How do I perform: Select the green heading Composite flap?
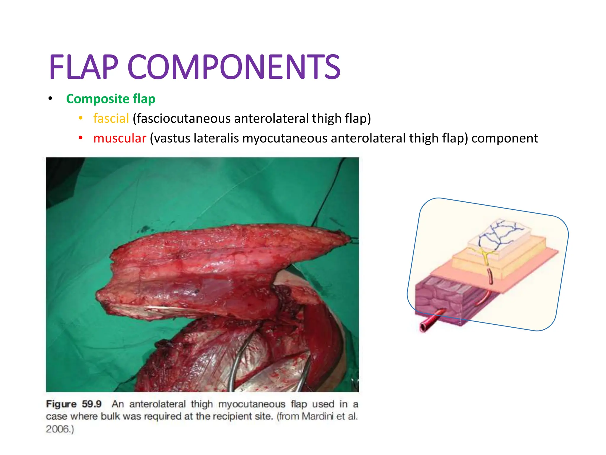(x=111, y=99)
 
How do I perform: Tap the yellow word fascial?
(x=111, y=118)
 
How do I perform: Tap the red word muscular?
(x=120, y=138)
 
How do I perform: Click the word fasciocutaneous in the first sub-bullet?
(x=183, y=118)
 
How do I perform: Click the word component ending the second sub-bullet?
(x=505, y=138)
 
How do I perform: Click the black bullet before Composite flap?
(x=50, y=98)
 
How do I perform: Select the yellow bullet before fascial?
(x=80, y=118)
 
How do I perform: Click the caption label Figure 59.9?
(x=74, y=404)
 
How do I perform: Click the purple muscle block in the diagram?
(x=438, y=299)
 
